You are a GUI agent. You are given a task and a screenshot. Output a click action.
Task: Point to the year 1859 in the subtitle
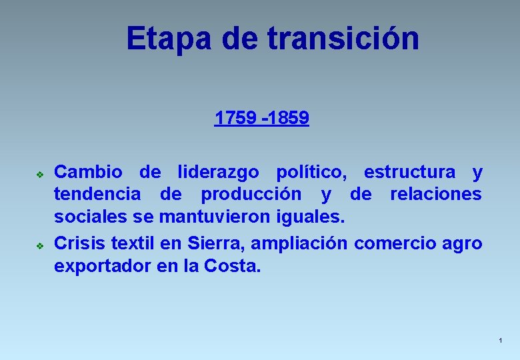click(289, 119)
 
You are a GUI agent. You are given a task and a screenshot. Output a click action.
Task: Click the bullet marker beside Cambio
click(40, 174)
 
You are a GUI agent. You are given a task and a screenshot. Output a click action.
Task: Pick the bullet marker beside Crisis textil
click(40, 245)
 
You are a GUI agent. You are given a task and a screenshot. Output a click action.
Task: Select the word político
click(311, 173)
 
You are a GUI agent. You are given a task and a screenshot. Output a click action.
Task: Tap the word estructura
click(410, 173)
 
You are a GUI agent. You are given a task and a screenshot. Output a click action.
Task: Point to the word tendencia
click(97, 195)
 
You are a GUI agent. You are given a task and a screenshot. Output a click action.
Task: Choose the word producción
click(248, 195)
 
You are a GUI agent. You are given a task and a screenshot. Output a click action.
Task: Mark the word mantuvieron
click(221, 217)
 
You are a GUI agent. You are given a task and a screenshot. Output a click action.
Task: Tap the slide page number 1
click(499, 341)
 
